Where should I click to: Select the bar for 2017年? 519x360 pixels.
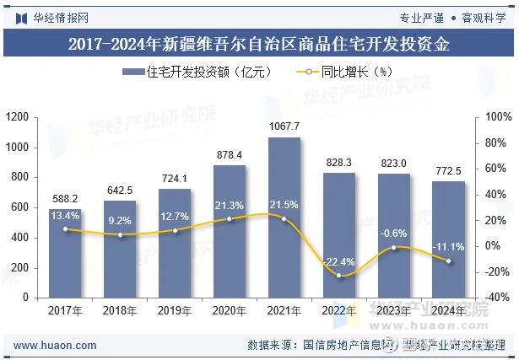[65, 253]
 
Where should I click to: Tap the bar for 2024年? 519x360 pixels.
[448, 239]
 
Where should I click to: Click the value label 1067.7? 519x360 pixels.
[284, 126]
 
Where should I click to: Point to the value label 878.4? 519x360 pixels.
[230, 155]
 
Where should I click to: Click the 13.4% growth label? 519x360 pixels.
[65, 216]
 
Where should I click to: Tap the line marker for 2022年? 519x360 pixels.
[339, 276]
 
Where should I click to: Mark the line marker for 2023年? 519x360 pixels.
[394, 247]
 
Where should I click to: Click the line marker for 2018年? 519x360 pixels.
[120, 234]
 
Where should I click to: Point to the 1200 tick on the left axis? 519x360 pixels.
[18, 117]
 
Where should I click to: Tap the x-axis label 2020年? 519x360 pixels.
[230, 310]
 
